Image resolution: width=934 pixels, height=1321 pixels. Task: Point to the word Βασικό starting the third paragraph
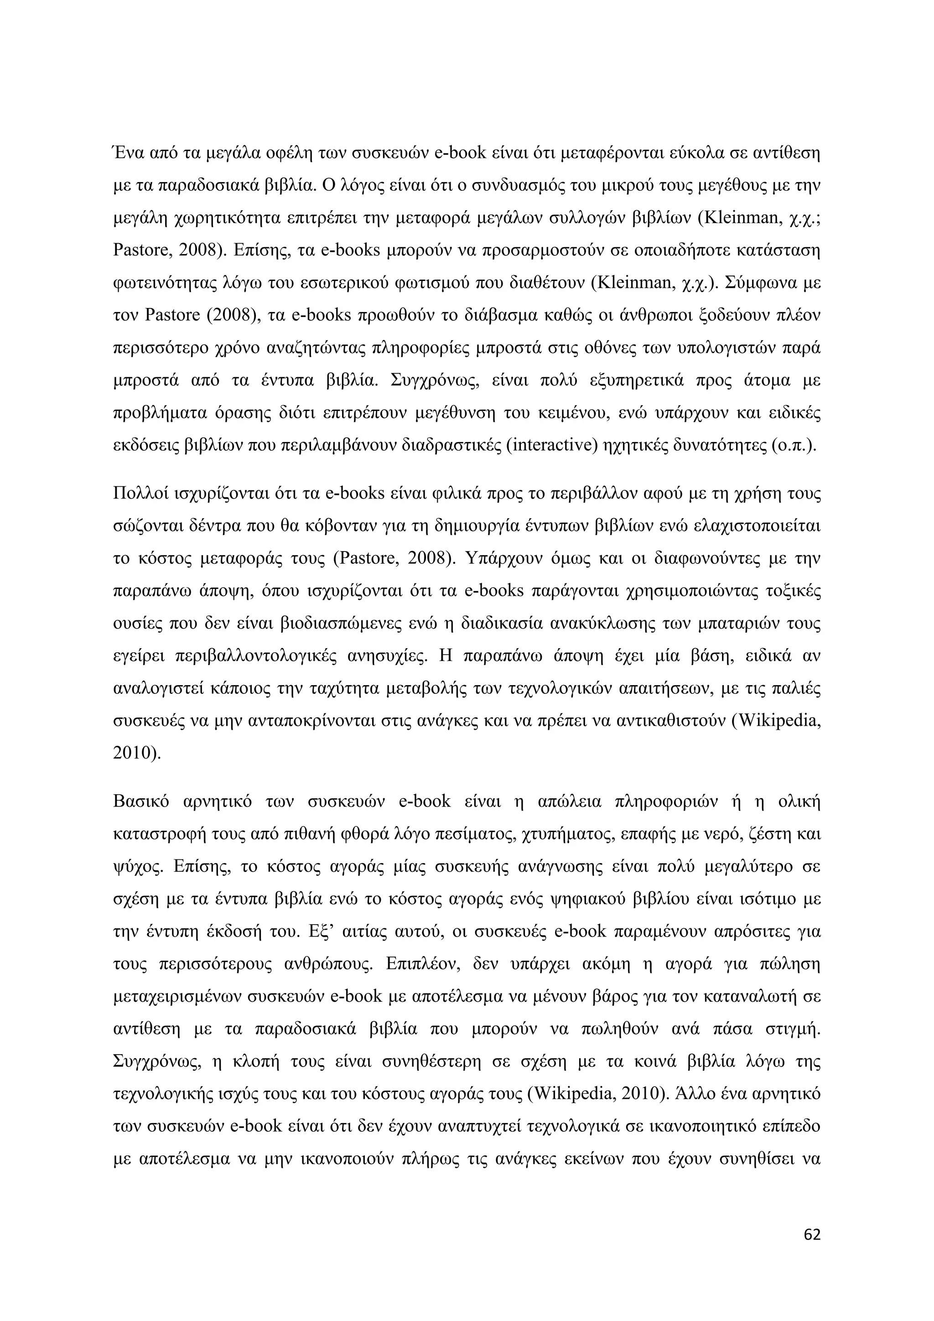[x=141, y=801]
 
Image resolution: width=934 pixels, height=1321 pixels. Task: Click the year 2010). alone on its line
[x=137, y=753]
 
